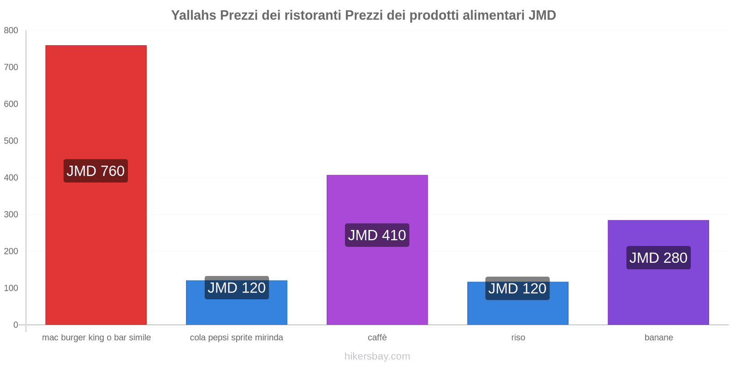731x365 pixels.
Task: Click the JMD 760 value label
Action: pyautogui.click(x=95, y=171)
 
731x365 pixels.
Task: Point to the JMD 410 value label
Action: pyautogui.click(x=377, y=235)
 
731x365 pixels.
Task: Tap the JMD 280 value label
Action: pyautogui.click(x=658, y=258)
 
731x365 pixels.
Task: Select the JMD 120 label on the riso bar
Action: pyautogui.click(x=517, y=288)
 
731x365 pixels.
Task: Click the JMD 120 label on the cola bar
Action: pyautogui.click(x=237, y=288)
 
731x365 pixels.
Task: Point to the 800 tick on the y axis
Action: pyautogui.click(x=11, y=31)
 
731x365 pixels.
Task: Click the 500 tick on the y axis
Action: pyautogui.click(x=11, y=141)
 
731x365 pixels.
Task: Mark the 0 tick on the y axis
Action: pyautogui.click(x=16, y=325)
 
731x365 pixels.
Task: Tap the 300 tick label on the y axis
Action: pyautogui.click(x=11, y=214)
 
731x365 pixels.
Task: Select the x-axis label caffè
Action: pyautogui.click(x=377, y=338)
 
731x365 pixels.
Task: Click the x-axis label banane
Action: pyautogui.click(x=658, y=338)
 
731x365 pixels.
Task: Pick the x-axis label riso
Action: pyautogui.click(x=518, y=338)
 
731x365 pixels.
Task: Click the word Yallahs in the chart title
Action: pyautogui.click(x=194, y=16)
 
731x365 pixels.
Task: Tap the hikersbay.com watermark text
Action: pyautogui.click(x=377, y=356)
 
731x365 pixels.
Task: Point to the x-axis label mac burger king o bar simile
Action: pyautogui.click(x=96, y=338)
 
